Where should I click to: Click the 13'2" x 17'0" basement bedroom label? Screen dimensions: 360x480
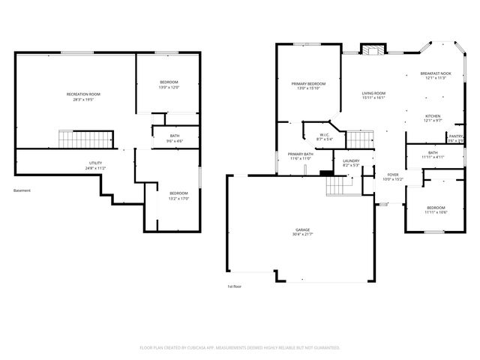tap(178, 196)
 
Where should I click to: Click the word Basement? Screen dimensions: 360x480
tap(22, 190)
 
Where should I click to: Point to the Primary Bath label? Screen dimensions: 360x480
tap(299, 157)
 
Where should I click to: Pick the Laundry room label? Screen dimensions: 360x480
tap(350, 163)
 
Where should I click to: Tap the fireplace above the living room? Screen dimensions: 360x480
tap(373, 49)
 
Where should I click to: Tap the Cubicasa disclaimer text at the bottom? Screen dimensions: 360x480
tap(240, 348)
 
